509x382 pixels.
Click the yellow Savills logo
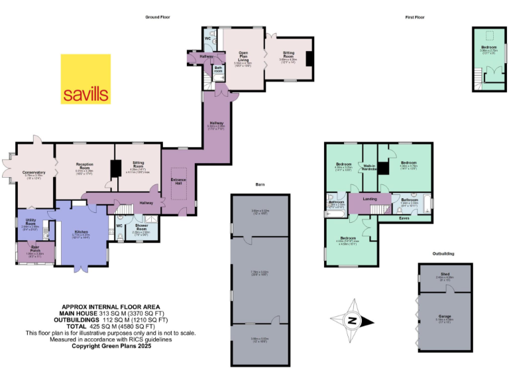(86, 79)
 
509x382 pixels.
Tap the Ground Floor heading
(158, 17)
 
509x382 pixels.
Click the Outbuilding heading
(443, 253)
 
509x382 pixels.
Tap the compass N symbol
(353, 321)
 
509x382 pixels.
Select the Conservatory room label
(33, 172)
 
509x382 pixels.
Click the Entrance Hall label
(178, 182)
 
